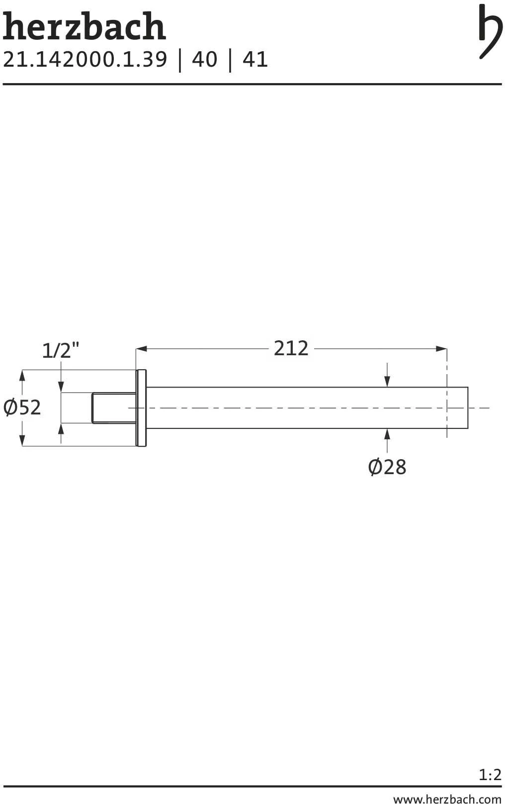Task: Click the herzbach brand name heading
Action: pyautogui.click(x=84, y=27)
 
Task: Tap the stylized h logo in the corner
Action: pyautogui.click(x=490, y=31)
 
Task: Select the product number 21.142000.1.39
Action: pyautogui.click(x=85, y=60)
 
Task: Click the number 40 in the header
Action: pyautogui.click(x=204, y=60)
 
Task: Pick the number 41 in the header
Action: pyautogui.click(x=255, y=60)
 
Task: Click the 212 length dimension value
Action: pyautogui.click(x=291, y=348)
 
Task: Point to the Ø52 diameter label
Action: pyautogui.click(x=22, y=407)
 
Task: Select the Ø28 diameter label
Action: pyautogui.click(x=387, y=467)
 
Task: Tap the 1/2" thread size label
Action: pyautogui.click(x=60, y=351)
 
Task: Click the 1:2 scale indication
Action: pyautogui.click(x=490, y=775)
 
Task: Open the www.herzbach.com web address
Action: pyautogui.click(x=447, y=799)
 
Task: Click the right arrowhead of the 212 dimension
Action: pyautogui.click(x=441, y=349)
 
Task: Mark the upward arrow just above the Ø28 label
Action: pyautogui.click(x=387, y=434)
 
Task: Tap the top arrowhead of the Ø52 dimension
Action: pyautogui.click(x=22, y=376)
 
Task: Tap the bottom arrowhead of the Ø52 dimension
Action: pyautogui.click(x=22, y=440)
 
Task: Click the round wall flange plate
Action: pyautogui.click(x=141, y=408)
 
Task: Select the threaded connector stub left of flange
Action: pyautogui.click(x=114, y=408)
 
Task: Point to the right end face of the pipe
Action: pyautogui.click(x=467, y=408)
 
